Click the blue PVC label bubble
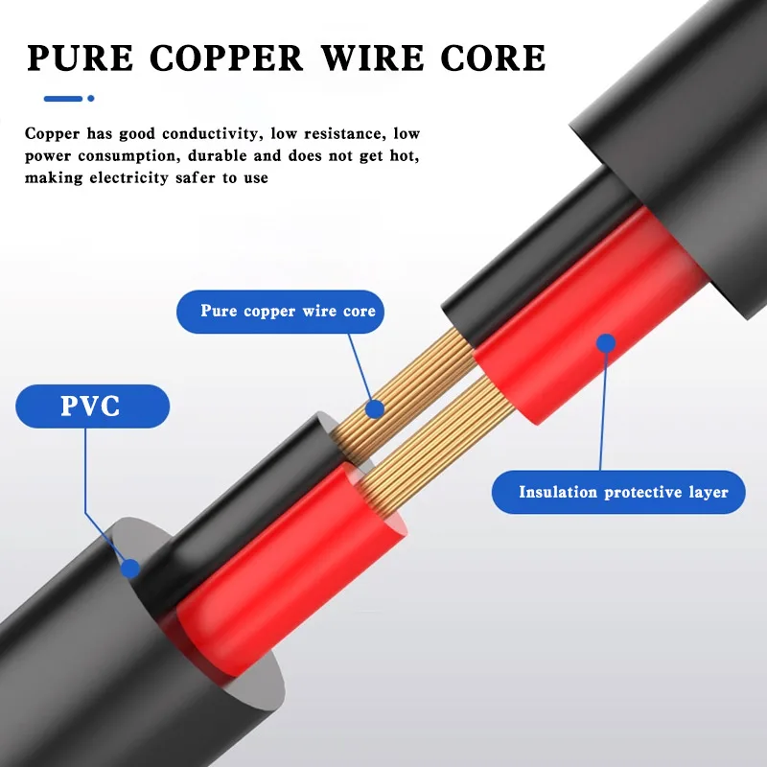pos(92,406)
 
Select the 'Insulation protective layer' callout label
pos(623,493)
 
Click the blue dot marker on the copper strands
pos(375,409)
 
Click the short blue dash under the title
pos(63,98)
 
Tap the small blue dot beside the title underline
pos(91,98)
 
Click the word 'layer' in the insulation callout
pos(709,493)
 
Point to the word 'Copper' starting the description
pos(52,133)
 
